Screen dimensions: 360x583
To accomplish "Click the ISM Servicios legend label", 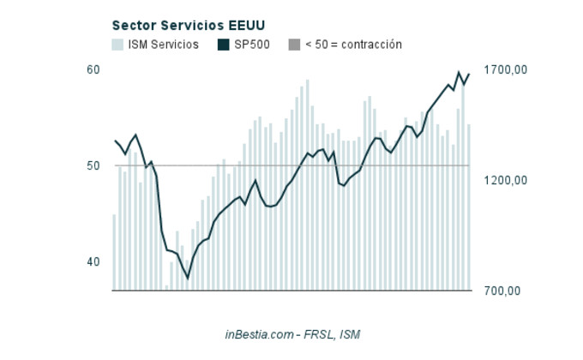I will pyautogui.click(x=163, y=45).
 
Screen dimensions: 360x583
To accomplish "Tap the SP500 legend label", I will pyautogui.click(x=252, y=45).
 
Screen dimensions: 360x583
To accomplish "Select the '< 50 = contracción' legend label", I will pyautogui.click(x=353, y=45).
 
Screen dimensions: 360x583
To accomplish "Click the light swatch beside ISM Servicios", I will pyautogui.click(x=117, y=45).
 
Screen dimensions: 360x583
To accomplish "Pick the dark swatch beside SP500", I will pyautogui.click(x=224, y=45).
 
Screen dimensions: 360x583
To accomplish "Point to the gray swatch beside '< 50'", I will pyautogui.click(x=294, y=45).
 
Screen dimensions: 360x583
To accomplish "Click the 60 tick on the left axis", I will pyautogui.click(x=93, y=69).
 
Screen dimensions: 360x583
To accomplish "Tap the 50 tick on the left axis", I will pyautogui.click(x=93, y=165).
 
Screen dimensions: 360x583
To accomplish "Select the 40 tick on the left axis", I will pyautogui.click(x=93, y=261).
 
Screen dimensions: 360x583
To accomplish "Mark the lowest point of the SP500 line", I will pyautogui.click(x=188, y=279).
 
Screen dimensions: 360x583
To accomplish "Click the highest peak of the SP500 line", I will pyautogui.click(x=459, y=72).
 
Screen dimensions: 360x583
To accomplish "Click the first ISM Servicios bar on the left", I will pyautogui.click(x=114, y=252).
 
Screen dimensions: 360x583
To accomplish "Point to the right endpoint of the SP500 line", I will pyautogui.click(x=469, y=74).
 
